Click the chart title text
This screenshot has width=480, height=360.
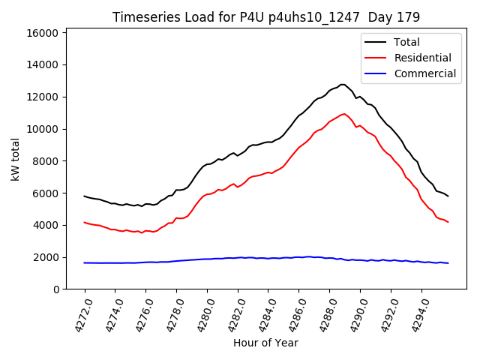tap(266, 16)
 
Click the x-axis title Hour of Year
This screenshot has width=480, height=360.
tap(266, 343)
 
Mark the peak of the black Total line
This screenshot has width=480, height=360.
tap(343, 84)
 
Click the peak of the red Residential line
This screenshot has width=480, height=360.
tap(344, 114)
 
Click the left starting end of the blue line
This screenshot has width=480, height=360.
tap(84, 262)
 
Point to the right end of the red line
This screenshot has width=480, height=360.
tap(448, 222)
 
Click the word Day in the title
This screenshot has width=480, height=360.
tap(387, 16)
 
